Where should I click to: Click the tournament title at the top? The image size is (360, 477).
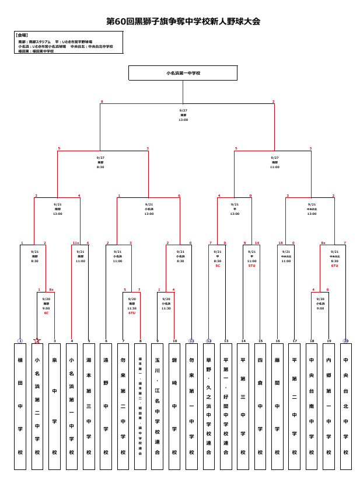[183, 22]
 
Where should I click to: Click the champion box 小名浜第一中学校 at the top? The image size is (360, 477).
[183, 73]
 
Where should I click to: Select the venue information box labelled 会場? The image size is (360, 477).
[68, 43]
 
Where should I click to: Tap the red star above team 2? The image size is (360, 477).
[37, 340]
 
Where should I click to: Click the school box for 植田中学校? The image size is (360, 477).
[20, 406]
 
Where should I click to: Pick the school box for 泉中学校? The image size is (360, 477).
[54, 406]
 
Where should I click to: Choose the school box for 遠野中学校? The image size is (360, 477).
[106, 406]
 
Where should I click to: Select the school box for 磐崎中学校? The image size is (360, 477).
[174, 406]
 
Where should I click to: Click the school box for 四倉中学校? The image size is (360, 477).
[260, 406]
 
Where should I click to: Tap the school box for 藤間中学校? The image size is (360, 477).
[277, 406]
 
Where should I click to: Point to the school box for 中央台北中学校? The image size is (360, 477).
[346, 406]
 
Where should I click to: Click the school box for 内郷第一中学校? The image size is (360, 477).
[328, 406]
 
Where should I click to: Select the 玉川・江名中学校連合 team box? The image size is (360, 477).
[157, 406]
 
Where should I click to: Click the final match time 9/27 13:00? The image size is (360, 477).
[183, 115]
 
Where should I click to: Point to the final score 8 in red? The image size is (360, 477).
[102, 102]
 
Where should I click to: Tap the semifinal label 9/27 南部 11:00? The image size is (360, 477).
[275, 162]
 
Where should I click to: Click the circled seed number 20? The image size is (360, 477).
[346, 341]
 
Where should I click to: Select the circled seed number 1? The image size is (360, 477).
[20, 341]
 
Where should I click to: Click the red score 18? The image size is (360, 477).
[280, 243]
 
